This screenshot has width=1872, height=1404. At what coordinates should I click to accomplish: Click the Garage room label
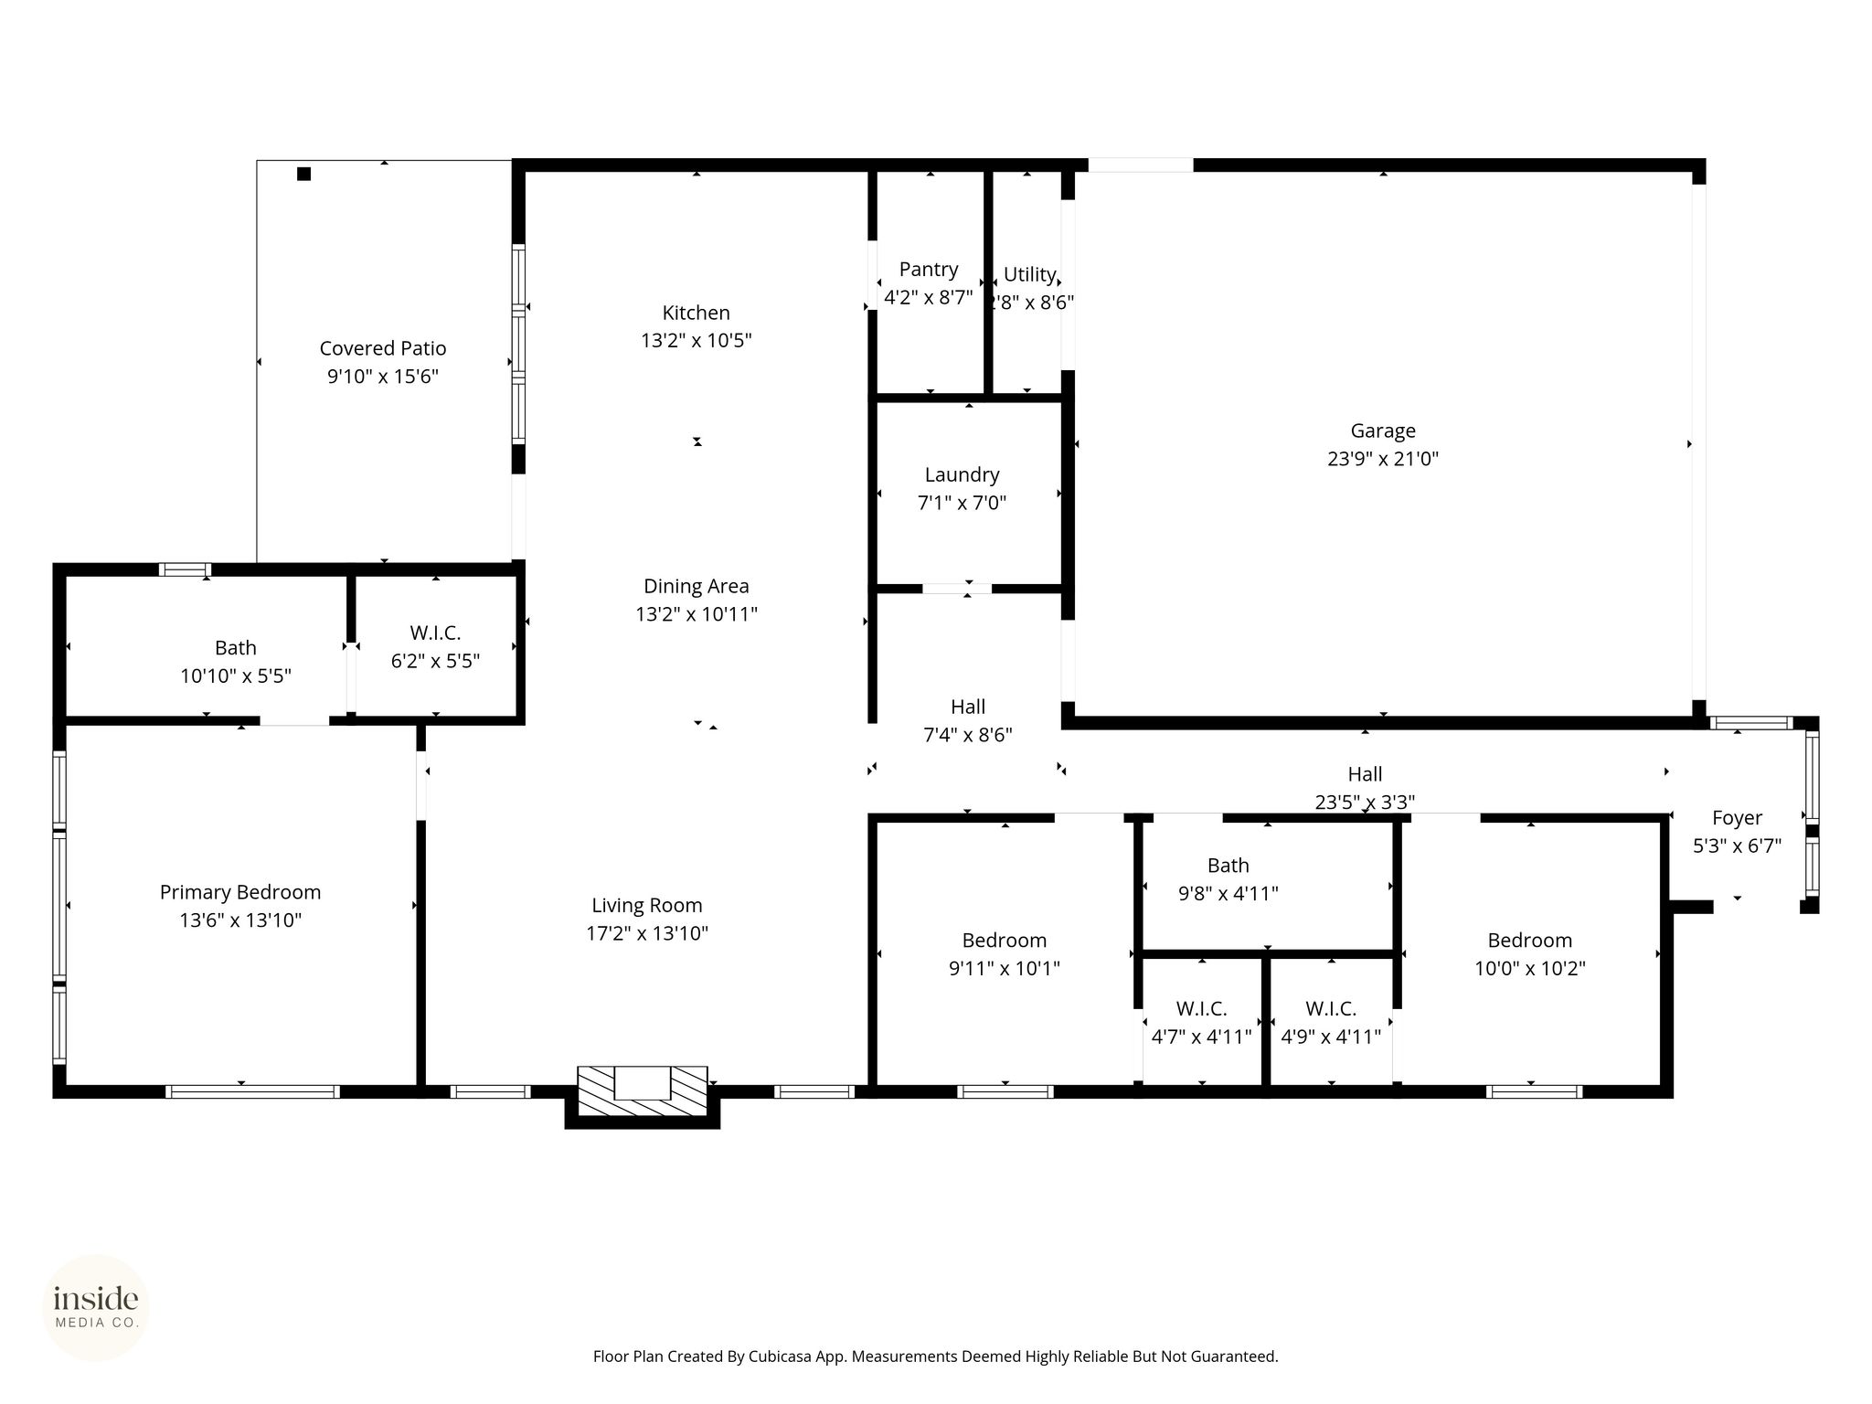tap(1383, 431)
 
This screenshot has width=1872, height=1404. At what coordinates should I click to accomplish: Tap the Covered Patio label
tap(383, 348)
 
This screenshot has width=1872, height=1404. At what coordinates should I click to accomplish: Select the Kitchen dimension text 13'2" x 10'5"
tap(697, 341)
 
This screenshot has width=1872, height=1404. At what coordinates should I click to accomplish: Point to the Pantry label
tap(929, 270)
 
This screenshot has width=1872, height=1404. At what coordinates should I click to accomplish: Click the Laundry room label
tap(962, 475)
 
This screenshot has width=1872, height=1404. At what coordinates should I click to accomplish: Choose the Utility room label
tap(1030, 274)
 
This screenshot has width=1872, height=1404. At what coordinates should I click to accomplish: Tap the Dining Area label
tap(697, 586)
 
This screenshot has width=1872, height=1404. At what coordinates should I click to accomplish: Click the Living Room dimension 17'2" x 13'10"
tap(647, 933)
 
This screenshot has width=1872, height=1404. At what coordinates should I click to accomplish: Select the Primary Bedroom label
tap(240, 892)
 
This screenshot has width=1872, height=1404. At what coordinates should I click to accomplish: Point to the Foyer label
tap(1737, 818)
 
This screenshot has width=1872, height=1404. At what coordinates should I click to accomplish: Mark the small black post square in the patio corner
tap(303, 174)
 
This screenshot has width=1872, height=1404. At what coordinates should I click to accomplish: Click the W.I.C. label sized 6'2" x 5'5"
tap(435, 633)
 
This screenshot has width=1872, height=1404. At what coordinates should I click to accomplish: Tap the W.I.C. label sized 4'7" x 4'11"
tap(1201, 1009)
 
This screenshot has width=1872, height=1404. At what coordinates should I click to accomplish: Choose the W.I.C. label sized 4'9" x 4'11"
tap(1331, 1009)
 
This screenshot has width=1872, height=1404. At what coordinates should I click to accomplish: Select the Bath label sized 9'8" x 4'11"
tap(1228, 866)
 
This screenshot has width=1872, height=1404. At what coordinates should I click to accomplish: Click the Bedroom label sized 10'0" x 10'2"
tap(1530, 941)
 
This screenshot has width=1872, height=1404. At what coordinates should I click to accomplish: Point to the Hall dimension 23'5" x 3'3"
tap(1365, 803)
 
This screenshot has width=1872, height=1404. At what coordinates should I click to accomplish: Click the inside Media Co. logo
tap(96, 1308)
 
